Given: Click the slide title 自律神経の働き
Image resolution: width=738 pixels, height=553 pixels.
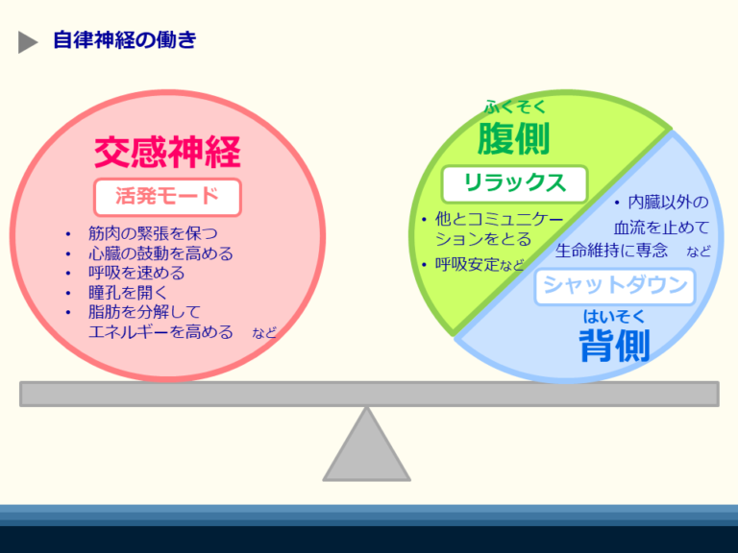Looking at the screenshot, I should pos(125,40).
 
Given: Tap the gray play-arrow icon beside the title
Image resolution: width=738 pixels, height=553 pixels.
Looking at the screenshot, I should pos(28,42).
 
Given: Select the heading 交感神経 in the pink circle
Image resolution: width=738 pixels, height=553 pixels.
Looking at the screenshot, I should pos(167,152).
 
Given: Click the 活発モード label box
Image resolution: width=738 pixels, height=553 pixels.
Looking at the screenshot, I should pos(167,197).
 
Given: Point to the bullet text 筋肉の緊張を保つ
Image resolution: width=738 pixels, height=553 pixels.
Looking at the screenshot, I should pos(153,233).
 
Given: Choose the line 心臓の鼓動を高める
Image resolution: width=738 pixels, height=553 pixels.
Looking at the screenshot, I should pos(160,253).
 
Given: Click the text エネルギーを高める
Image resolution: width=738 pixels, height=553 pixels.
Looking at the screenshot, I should pos(160,332).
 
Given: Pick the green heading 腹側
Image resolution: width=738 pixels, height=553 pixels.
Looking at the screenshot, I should pos(513,139).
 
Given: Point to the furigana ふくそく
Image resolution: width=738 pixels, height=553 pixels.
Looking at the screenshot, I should pos(514,107).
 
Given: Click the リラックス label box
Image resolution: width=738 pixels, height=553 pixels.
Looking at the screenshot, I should pos(514,183).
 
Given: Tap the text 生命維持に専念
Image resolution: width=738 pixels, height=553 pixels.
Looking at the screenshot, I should pos(611,251).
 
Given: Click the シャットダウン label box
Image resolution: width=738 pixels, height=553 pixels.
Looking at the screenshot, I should pos(615,285).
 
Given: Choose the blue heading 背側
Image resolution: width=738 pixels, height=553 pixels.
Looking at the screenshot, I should pos(614,346).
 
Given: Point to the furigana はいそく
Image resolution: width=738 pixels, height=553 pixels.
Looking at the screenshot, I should pos(614,315).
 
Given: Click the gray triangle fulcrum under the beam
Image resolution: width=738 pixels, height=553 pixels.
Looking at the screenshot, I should pos(366,450).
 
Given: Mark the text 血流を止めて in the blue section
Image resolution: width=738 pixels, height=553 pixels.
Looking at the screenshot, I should pos(661,228).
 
